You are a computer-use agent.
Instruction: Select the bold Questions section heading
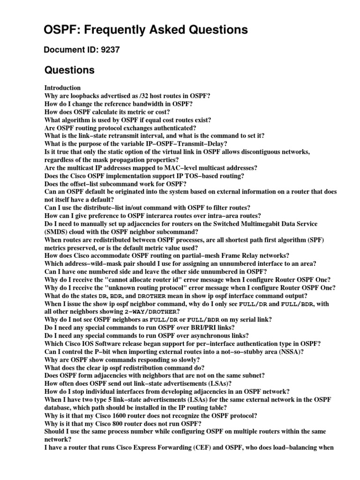coord(69,70)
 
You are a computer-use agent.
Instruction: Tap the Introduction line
coord(62,88)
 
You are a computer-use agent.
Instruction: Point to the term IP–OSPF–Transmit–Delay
coord(188,143)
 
